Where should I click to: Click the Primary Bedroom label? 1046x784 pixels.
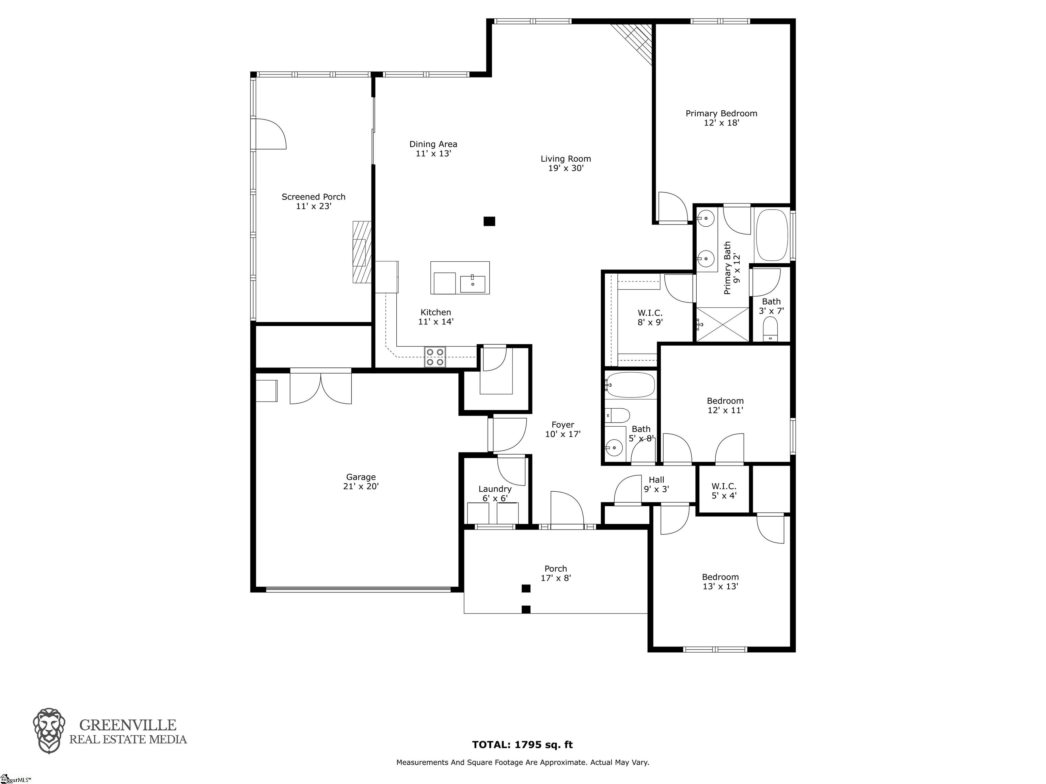pyautogui.click(x=721, y=113)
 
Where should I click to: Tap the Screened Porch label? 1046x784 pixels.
pyautogui.click(x=314, y=197)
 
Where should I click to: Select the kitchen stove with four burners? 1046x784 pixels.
pyautogui.click(x=435, y=357)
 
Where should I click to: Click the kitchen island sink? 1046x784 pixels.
pyautogui.click(x=472, y=284)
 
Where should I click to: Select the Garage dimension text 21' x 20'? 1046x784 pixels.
pyautogui.click(x=361, y=486)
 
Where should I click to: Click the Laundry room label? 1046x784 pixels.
pyautogui.click(x=495, y=489)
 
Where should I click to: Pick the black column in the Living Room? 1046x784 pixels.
pyautogui.click(x=489, y=221)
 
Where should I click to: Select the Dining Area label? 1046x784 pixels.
pyautogui.click(x=433, y=144)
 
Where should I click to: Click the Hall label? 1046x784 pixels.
pyautogui.click(x=656, y=480)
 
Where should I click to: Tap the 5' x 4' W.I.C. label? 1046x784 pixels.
pyautogui.click(x=724, y=486)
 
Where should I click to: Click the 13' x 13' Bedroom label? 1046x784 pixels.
pyautogui.click(x=720, y=577)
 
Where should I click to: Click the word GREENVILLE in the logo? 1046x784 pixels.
pyautogui.click(x=128, y=725)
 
